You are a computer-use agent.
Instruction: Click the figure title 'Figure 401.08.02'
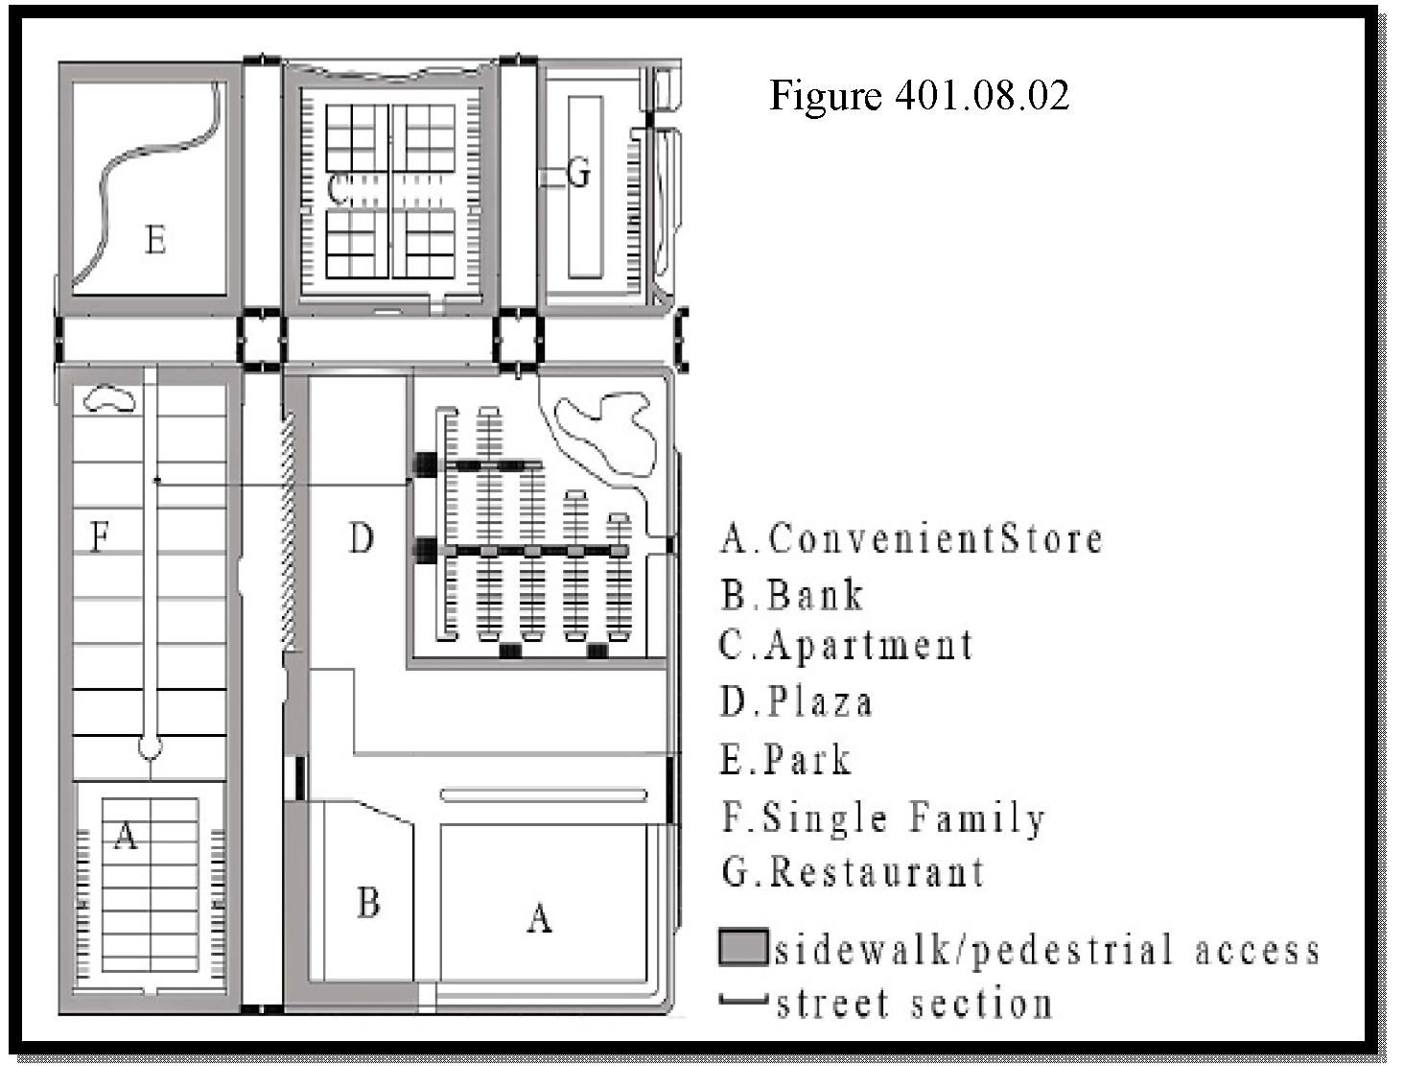tap(919, 96)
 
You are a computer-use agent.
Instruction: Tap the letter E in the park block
tap(156, 240)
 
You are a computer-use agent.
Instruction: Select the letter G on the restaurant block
tap(578, 173)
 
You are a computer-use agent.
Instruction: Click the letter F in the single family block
tap(100, 536)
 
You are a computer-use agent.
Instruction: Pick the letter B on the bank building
tap(368, 903)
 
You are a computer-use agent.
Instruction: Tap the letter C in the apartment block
tap(338, 189)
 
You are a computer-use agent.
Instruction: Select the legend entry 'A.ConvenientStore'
tap(912, 539)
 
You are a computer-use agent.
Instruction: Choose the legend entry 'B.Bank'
tap(792, 595)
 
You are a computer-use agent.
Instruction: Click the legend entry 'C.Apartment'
tap(846, 645)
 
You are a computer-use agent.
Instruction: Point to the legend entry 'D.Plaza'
tap(796, 701)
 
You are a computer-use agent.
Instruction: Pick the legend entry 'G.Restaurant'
tap(854, 871)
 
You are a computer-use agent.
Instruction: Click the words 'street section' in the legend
tap(915, 1004)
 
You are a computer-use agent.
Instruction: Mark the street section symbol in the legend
tap(743, 1000)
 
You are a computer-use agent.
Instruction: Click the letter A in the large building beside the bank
tap(539, 919)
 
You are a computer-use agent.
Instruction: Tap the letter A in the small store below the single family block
tap(126, 835)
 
